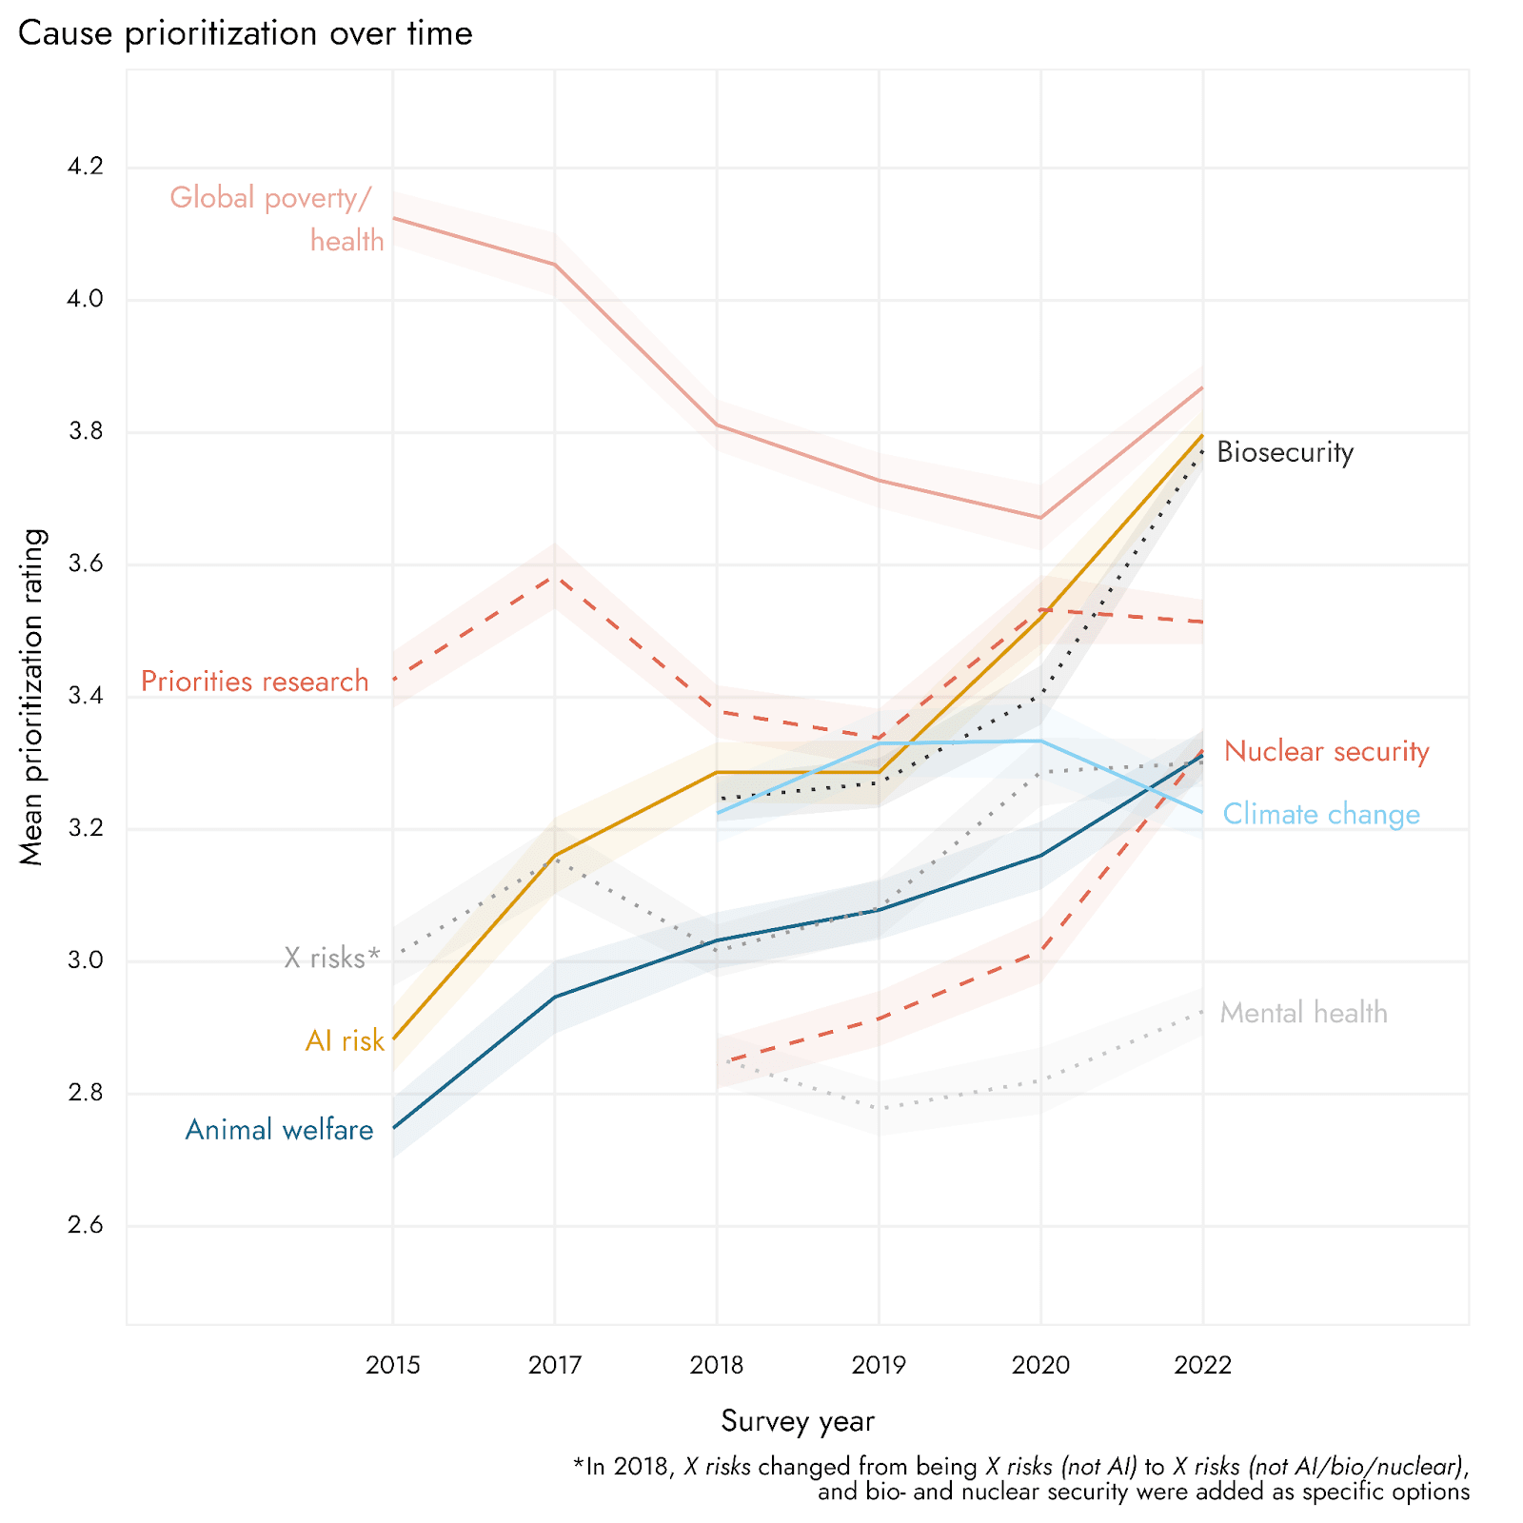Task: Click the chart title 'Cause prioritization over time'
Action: [245, 34]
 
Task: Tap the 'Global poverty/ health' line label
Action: [276, 218]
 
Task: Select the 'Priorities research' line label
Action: [254, 682]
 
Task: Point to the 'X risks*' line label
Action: [331, 958]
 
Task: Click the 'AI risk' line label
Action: [345, 1041]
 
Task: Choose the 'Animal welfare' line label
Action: [279, 1130]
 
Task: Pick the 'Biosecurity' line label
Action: [1285, 452]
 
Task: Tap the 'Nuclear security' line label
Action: [1326, 751]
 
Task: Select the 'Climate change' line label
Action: [1321, 815]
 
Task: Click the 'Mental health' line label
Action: [1303, 1013]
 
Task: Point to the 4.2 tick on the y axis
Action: [85, 168]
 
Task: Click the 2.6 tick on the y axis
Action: [85, 1225]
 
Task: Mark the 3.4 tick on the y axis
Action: [85, 697]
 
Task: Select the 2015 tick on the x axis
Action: [392, 1366]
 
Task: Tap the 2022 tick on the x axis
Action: [1202, 1366]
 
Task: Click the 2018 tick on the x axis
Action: [717, 1366]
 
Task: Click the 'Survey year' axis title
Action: [798, 1421]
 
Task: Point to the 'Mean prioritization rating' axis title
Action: [33, 697]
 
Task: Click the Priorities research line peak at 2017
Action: [555, 576]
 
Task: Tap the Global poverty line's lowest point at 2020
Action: [1040, 518]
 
